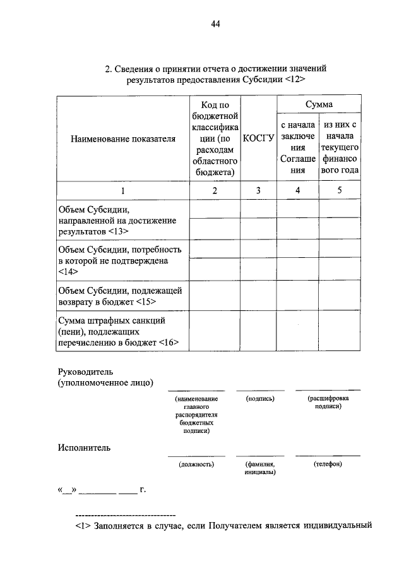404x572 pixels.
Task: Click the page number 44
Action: pos(216,25)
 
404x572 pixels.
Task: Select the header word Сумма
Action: pos(319,104)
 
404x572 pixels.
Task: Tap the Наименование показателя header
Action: pos(122,138)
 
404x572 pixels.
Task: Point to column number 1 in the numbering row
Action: pos(122,190)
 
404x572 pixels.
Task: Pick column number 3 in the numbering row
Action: pos(258,190)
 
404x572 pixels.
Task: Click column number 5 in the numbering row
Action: pos(339,190)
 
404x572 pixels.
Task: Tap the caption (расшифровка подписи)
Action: pos(328,403)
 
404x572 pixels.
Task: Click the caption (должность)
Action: pos(196,464)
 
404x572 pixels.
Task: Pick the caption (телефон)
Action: pos(328,464)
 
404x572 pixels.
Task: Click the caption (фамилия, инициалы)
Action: pos(259,468)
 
